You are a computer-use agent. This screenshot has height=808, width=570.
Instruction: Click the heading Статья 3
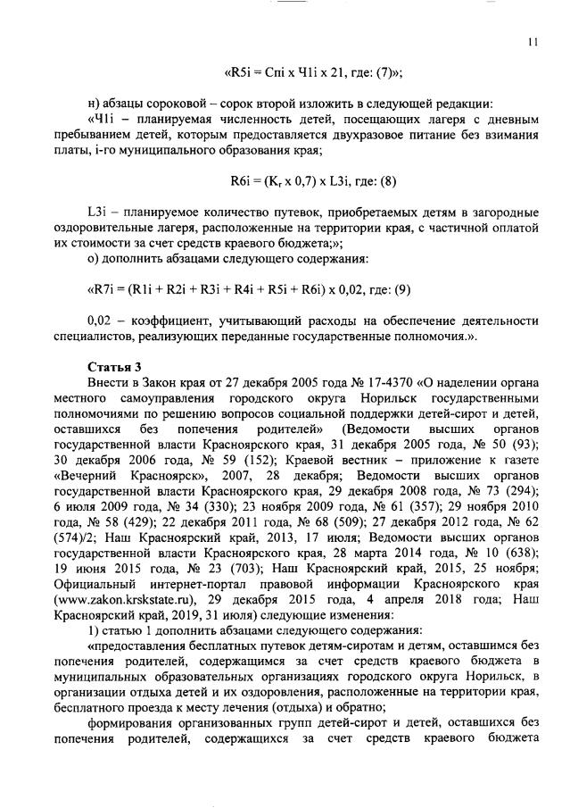point(112,366)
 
